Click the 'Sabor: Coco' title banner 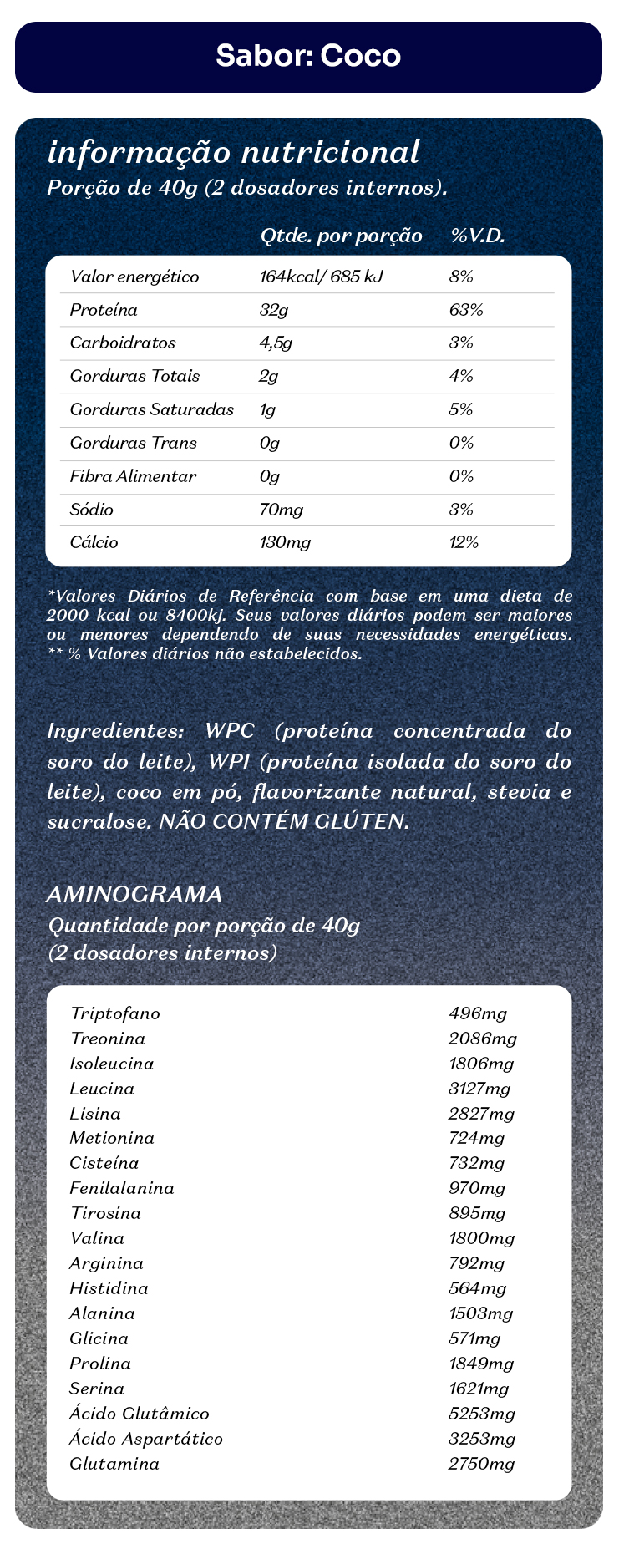tap(308, 56)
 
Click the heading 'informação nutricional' tap(234, 153)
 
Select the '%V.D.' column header tap(478, 236)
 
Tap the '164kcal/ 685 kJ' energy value tap(322, 277)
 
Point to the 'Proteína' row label tap(104, 310)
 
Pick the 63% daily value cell tap(466, 310)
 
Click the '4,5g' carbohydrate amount tap(276, 343)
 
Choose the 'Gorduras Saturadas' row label tap(152, 409)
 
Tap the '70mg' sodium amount tap(282, 510)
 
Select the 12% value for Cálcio tap(464, 542)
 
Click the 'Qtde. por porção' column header tap(342, 236)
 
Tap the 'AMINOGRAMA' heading tap(135, 895)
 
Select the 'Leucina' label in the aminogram tap(103, 1089)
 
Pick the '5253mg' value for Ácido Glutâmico tap(482, 1414)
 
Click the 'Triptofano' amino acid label tap(115, 1014)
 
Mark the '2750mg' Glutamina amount tap(482, 1464)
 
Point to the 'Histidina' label tap(109, 1288)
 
